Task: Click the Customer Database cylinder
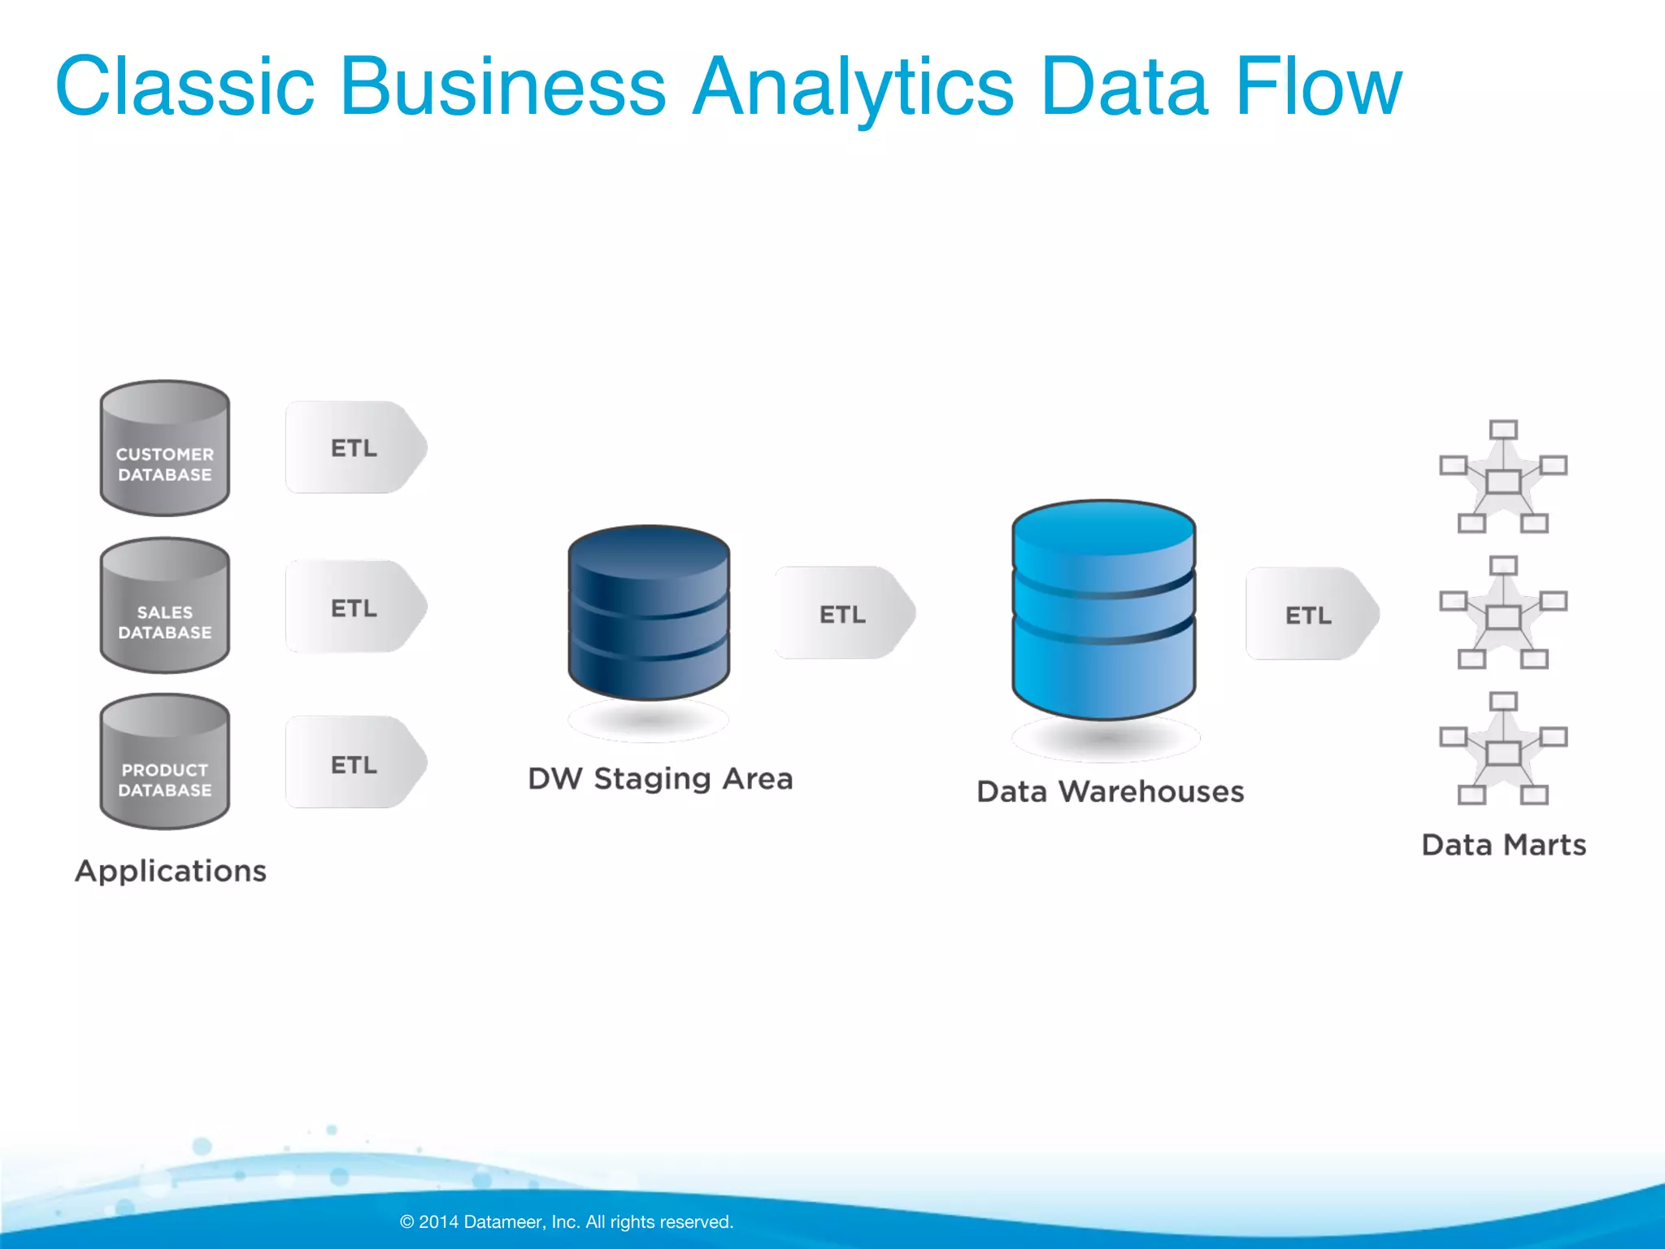(x=165, y=448)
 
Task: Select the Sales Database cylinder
(x=165, y=606)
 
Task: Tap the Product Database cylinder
(x=165, y=763)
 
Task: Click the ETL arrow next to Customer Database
(x=355, y=447)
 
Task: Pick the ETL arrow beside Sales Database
(x=355, y=607)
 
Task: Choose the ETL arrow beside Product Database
(x=355, y=763)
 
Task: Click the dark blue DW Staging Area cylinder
(x=649, y=613)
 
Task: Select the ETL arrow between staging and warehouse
(x=844, y=613)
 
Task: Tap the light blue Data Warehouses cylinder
(x=1104, y=610)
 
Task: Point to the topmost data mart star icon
(x=1503, y=478)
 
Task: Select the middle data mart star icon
(x=1503, y=614)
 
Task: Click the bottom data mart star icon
(x=1503, y=750)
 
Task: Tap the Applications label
(x=171, y=871)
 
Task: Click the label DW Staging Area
(x=660, y=779)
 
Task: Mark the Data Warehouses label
(x=1111, y=792)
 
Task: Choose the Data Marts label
(x=1504, y=845)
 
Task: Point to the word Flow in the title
(x=1319, y=86)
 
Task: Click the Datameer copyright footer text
(x=567, y=1221)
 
